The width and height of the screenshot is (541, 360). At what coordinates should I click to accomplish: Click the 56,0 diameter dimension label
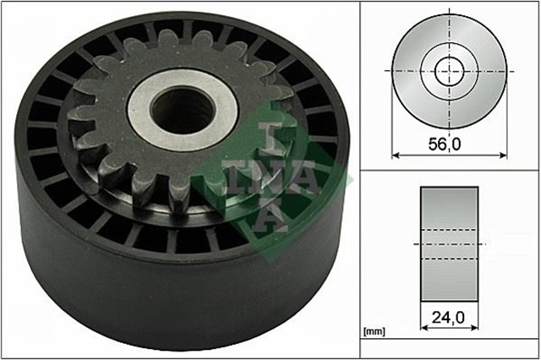[446, 145]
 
